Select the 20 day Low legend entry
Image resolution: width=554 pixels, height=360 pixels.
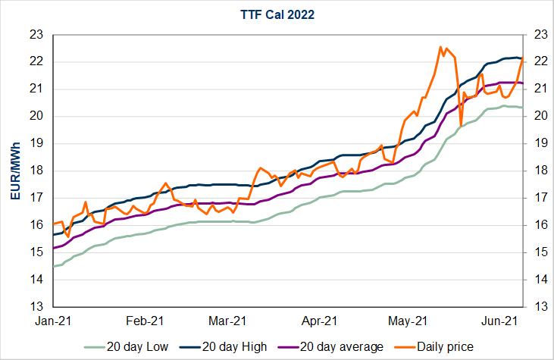(x=138, y=346)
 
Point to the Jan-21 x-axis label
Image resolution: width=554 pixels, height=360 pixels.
(x=53, y=321)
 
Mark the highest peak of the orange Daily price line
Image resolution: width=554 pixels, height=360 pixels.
(x=440, y=47)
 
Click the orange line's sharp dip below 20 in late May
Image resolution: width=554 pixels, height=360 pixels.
(x=461, y=125)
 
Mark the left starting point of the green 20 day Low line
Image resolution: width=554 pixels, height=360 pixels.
(x=54, y=266)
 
